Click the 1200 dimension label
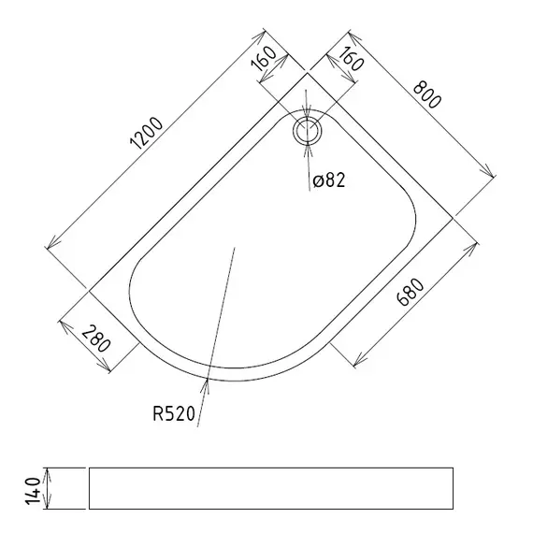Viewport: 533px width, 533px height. coord(147,133)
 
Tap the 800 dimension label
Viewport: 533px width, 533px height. coord(427,94)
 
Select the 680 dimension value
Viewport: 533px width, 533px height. coord(411,293)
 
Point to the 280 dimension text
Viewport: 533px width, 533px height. coord(96,339)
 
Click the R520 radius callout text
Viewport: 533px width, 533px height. coord(174,413)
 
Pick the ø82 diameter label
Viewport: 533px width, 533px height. coord(329,180)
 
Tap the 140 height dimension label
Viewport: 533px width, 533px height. coord(34,491)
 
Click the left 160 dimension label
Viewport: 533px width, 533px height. coord(263,59)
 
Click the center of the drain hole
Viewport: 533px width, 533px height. coord(307,131)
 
